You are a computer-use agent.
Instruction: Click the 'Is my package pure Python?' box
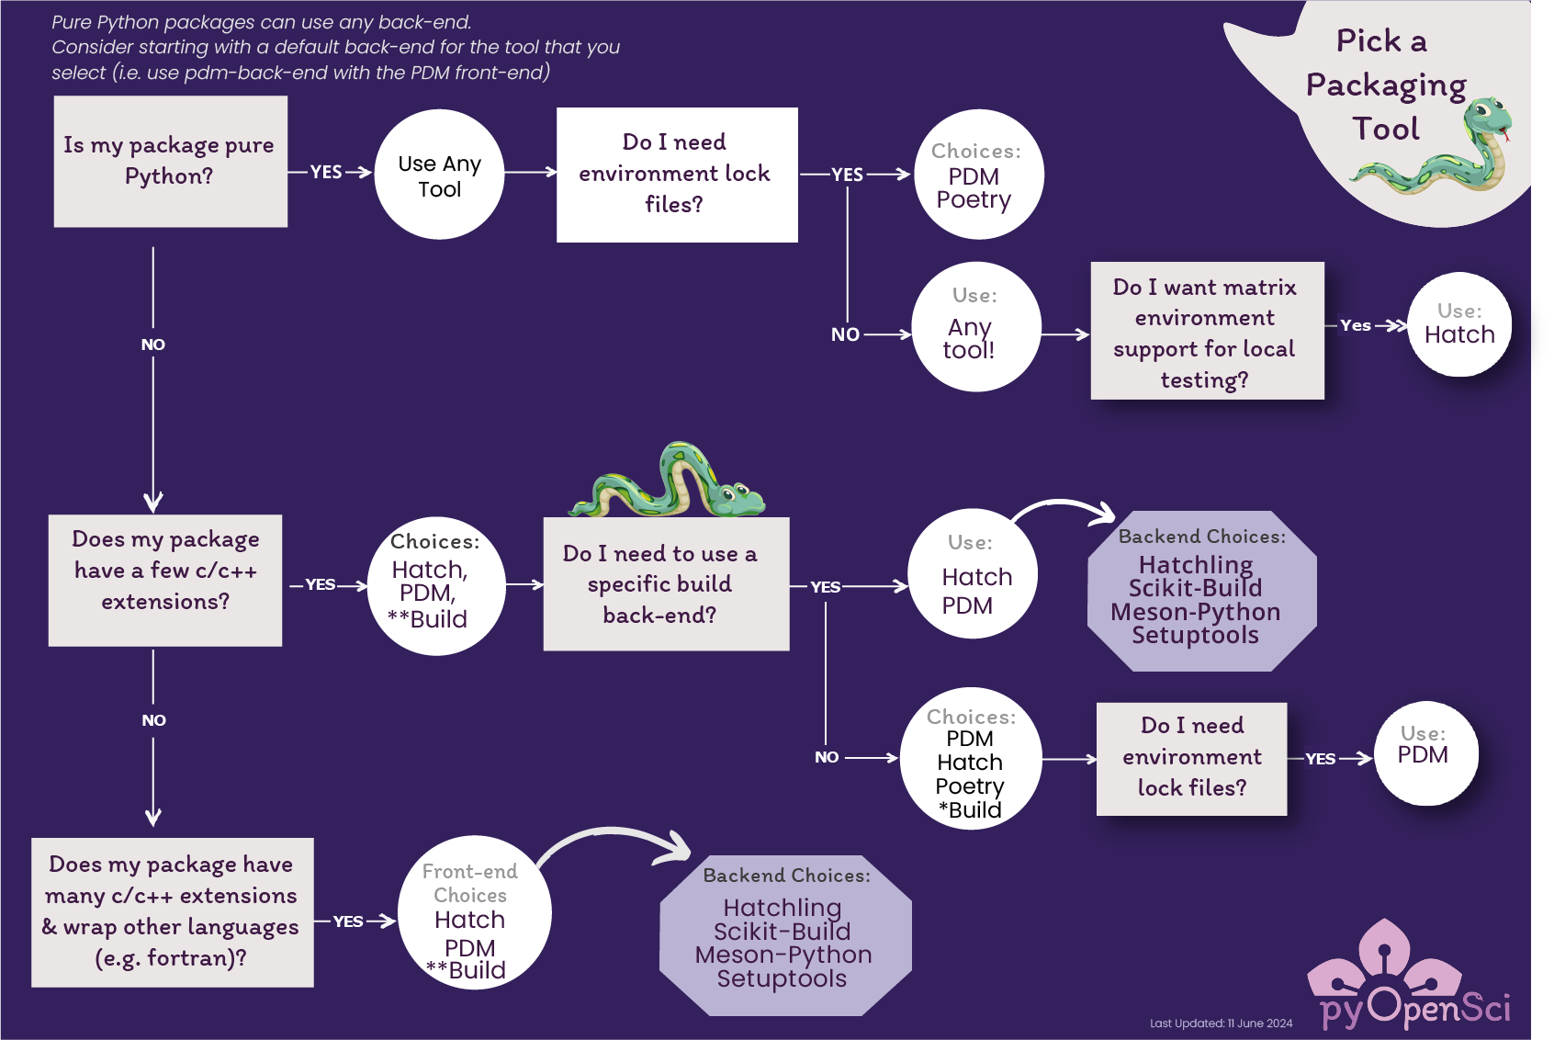point(170,162)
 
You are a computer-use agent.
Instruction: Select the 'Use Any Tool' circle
point(439,175)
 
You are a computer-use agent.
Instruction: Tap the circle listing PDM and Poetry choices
point(977,175)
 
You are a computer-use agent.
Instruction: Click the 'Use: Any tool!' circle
point(974,327)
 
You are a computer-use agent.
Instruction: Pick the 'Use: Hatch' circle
point(1458,324)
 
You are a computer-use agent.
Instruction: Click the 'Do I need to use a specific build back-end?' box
point(665,584)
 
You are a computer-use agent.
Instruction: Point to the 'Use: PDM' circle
point(1425,753)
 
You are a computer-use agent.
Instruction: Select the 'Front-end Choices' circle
point(473,912)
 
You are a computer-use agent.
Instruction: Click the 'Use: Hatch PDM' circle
point(972,574)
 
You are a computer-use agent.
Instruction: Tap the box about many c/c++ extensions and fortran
point(172,911)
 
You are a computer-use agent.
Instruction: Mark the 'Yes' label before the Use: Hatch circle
point(1355,325)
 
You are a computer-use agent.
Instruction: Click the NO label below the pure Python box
point(152,345)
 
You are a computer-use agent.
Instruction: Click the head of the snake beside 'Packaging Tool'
point(1488,119)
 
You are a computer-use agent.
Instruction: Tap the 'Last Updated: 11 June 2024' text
point(1221,1023)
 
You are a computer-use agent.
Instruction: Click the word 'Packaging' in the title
point(1385,85)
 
